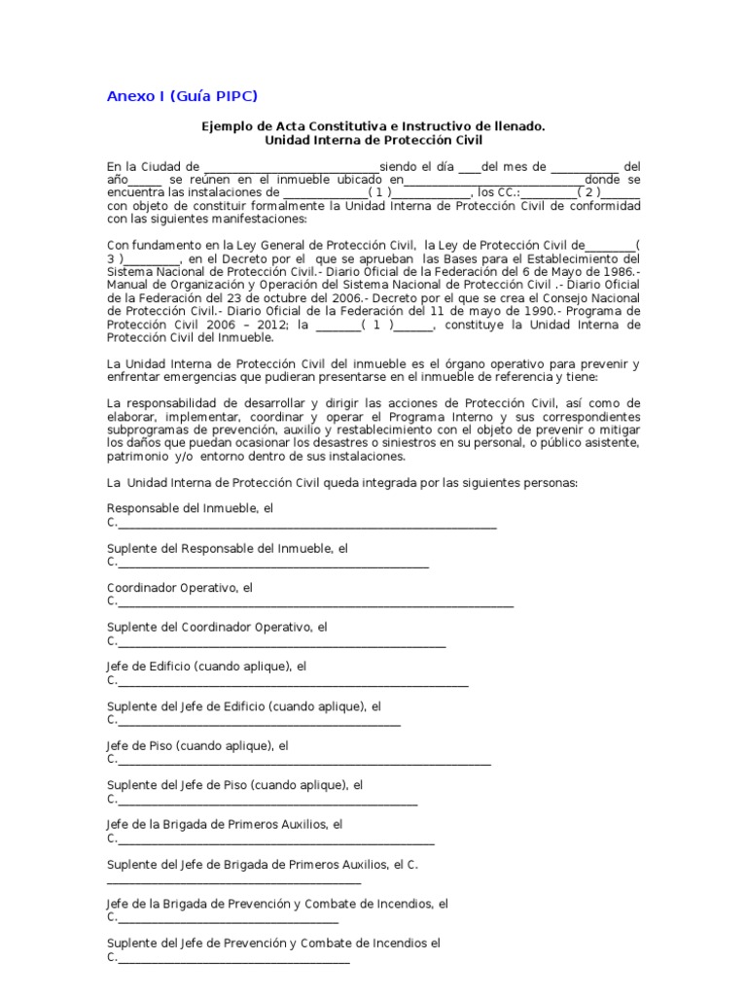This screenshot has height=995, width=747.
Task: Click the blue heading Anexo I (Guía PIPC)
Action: [x=182, y=95]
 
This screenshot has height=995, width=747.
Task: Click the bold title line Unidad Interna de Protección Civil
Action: [x=373, y=140]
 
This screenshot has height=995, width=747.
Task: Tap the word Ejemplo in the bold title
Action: [x=225, y=126]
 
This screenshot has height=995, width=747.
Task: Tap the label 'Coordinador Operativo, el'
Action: [x=180, y=588]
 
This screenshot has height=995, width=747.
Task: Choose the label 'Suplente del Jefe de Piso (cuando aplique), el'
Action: [x=234, y=785]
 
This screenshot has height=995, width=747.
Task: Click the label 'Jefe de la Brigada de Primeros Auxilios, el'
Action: [x=225, y=825]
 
